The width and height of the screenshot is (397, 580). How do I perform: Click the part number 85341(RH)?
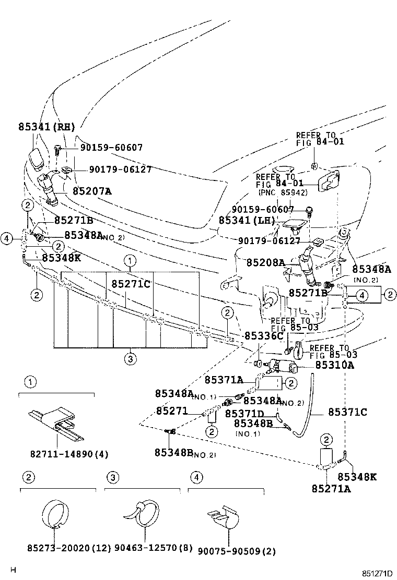(x=46, y=127)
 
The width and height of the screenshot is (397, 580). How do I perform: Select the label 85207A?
(x=92, y=191)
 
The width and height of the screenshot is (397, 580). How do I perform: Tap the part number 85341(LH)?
(x=247, y=221)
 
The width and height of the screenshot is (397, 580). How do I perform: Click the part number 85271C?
(x=131, y=284)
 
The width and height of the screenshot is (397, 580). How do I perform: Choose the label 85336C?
(x=264, y=336)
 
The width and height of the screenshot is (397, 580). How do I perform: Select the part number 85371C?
(x=347, y=413)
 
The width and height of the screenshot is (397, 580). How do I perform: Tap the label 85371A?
(x=224, y=380)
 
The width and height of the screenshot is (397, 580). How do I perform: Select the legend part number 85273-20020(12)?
(x=69, y=548)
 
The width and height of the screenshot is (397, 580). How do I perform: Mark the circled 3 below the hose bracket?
(x=130, y=358)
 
